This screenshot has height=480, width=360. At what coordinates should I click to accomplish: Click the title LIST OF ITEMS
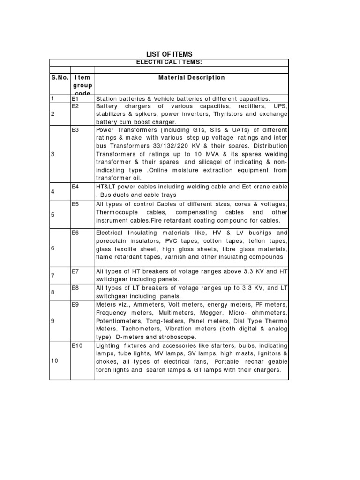[169, 54]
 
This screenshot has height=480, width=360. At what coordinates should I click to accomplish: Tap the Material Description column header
[191, 78]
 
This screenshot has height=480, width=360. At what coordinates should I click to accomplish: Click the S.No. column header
[60, 78]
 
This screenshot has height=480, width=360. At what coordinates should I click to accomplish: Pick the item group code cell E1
[75, 99]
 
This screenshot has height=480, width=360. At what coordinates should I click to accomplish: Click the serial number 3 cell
[53, 154]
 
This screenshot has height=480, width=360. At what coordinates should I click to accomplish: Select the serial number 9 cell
[53, 321]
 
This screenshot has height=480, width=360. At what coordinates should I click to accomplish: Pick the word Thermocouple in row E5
[116, 213]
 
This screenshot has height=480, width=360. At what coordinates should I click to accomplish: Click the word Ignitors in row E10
[268, 354]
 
